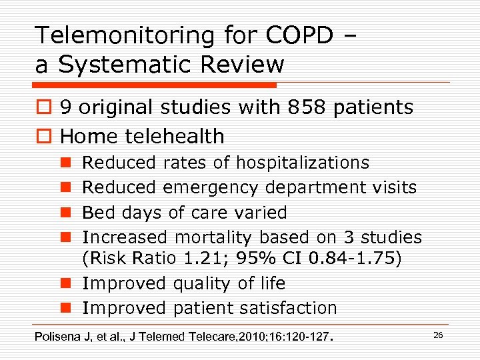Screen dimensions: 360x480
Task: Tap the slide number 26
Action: pyautogui.click(x=438, y=335)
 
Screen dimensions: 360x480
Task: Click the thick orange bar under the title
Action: pyautogui.click(x=154, y=85)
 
